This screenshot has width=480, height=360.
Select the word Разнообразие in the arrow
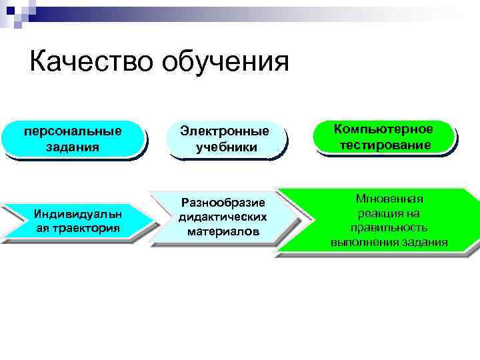(223, 203)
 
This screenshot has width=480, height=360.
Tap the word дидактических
(223, 217)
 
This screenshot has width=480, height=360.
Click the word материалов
(223, 232)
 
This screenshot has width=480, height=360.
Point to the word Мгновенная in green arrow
(389, 199)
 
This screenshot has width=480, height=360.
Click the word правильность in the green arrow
(389, 227)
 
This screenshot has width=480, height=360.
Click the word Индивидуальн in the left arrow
(73, 213)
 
